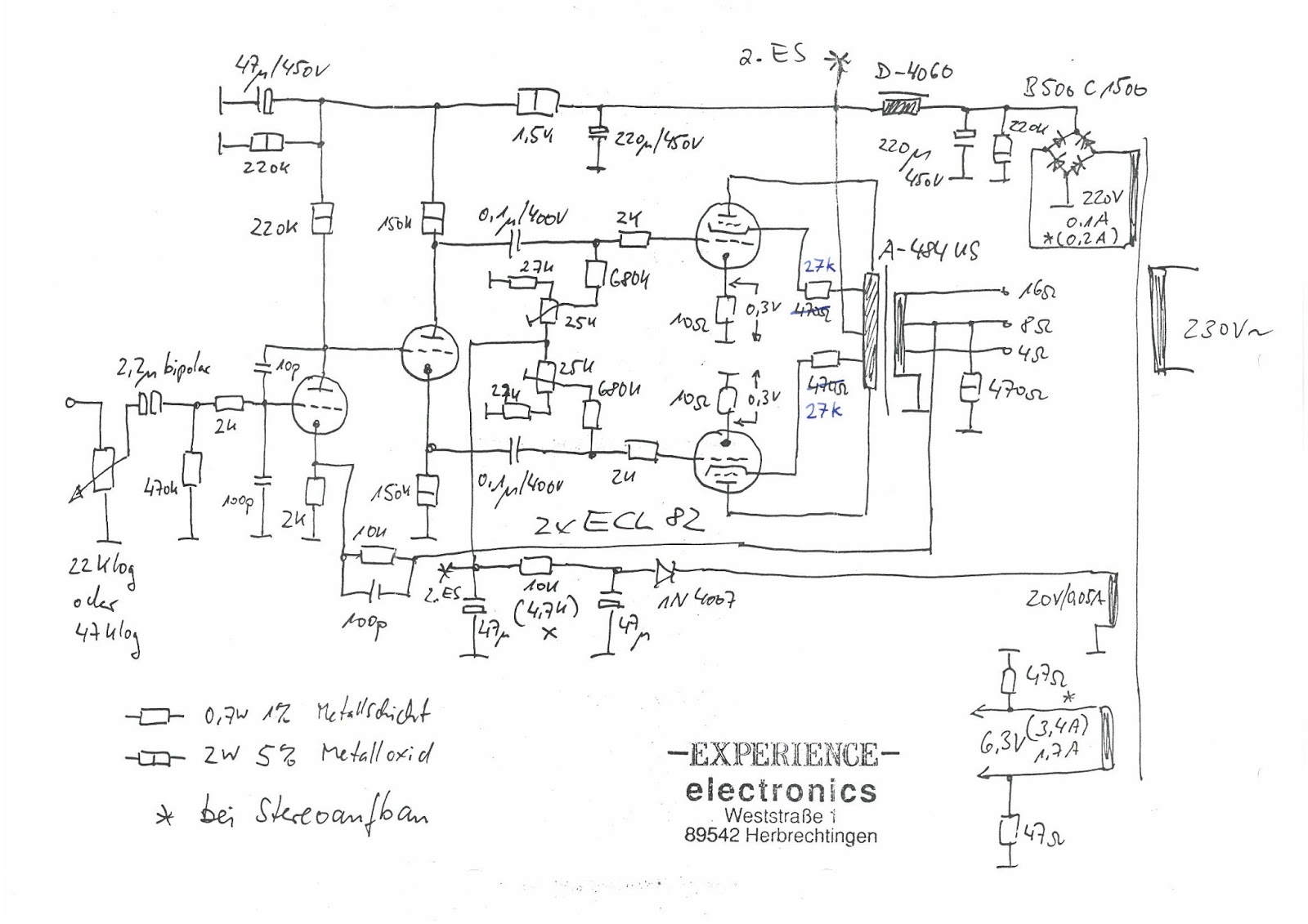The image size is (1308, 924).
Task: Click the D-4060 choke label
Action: tap(914, 73)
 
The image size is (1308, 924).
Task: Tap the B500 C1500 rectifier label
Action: tap(1085, 87)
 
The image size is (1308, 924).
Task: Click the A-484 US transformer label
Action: tap(929, 252)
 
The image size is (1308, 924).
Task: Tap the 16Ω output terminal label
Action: tap(1037, 291)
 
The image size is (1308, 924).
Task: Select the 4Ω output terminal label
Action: tap(1033, 355)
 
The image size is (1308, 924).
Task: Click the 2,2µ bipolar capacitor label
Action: tap(163, 370)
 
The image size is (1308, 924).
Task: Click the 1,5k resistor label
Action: tap(532, 136)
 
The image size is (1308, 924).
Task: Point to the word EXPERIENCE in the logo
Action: tap(783, 755)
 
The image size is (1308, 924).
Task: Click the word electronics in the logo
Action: tap(782, 791)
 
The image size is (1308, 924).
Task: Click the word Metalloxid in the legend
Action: tap(376, 753)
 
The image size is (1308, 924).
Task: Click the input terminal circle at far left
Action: tap(71, 401)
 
